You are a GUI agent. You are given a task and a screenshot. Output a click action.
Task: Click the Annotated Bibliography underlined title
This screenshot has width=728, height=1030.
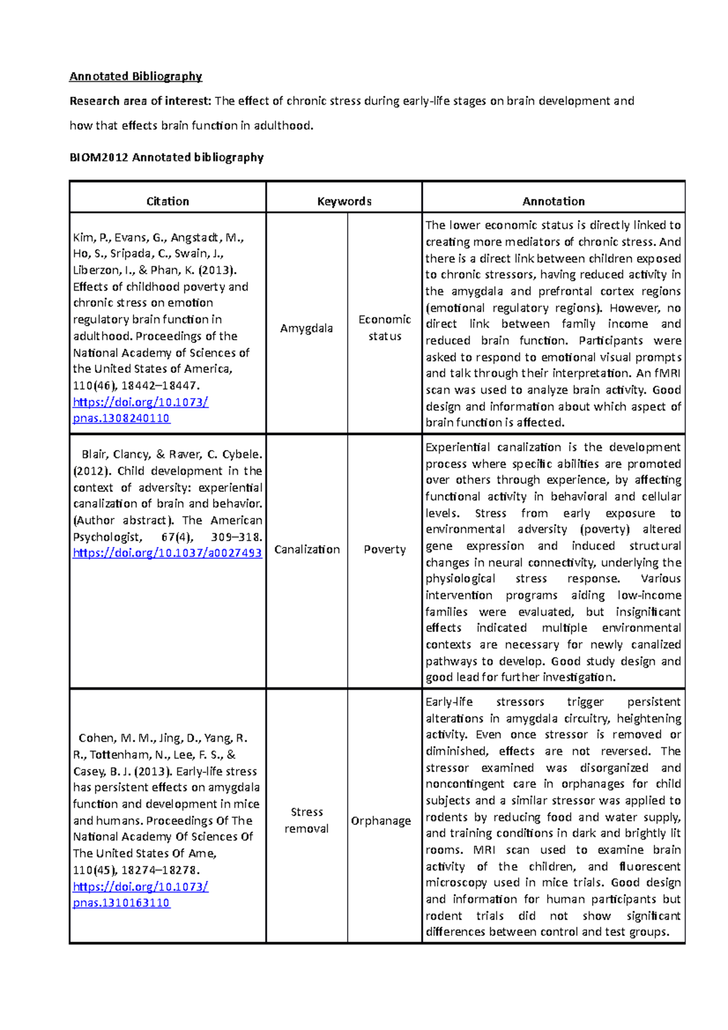135,76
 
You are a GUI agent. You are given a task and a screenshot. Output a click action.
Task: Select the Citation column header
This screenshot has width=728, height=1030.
167,201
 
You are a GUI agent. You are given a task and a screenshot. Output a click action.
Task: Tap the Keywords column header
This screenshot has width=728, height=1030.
344,201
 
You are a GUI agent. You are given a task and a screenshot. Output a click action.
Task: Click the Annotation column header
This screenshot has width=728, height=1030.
553,201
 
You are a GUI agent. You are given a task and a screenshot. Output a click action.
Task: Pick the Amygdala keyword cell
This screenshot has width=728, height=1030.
306,328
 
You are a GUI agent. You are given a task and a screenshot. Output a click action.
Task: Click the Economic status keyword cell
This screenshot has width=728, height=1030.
385,328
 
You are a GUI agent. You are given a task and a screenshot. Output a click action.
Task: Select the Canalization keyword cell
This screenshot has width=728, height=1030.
307,549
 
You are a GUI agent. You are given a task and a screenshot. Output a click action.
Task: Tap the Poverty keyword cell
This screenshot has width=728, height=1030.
385,549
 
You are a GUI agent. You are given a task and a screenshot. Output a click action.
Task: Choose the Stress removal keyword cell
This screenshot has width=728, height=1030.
306,820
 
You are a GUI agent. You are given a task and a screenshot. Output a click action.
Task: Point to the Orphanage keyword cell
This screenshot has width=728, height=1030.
381,821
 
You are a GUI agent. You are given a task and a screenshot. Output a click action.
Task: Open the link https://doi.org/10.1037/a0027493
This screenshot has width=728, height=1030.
167,553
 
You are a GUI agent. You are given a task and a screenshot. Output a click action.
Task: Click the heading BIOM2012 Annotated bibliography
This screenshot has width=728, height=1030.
166,158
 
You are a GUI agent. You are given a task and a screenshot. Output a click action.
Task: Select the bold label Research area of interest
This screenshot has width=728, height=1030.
140,101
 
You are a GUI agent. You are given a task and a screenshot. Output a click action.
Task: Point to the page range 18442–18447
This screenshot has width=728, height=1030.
160,386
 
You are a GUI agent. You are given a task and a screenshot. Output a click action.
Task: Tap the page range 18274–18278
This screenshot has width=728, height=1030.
160,870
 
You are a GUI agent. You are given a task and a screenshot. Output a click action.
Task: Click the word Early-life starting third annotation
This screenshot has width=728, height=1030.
449,702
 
